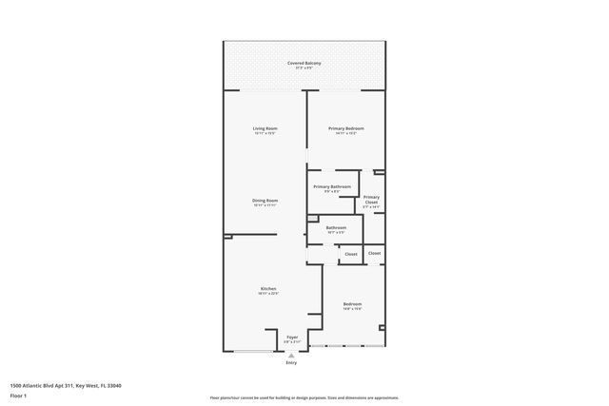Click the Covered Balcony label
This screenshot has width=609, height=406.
click(304, 63)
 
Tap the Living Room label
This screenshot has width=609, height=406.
click(265, 128)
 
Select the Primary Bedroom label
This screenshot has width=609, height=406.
click(345, 128)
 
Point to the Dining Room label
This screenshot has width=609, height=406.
click(265, 201)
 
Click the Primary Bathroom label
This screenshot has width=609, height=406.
click(332, 186)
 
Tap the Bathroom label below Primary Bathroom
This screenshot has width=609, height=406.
click(336, 227)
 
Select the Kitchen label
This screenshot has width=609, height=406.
click(268, 289)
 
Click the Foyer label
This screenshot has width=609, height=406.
click(292, 337)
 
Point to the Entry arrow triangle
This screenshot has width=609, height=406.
click(291, 356)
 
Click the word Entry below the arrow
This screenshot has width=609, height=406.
click(291, 363)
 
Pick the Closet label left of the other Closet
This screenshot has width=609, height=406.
click(351, 254)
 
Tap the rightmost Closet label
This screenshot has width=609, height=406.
click(375, 253)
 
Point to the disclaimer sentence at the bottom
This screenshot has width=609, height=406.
click(304, 397)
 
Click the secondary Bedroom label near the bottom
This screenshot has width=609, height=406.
click(352, 304)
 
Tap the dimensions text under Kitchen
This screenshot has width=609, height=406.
click(268, 294)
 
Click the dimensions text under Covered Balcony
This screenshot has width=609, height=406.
click(304, 68)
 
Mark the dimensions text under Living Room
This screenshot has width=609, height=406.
click(265, 133)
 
